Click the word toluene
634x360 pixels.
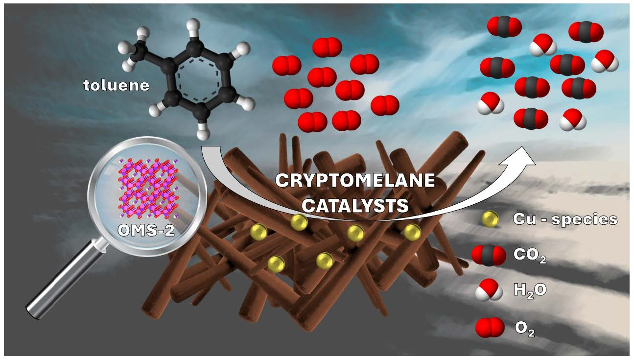[116, 86]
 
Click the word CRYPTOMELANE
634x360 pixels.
[354, 180]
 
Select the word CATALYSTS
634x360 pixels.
[354, 205]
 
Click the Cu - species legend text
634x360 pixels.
[564, 219]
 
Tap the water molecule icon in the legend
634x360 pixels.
[489, 289]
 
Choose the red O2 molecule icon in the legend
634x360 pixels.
[489, 327]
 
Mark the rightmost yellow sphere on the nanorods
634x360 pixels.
[412, 232]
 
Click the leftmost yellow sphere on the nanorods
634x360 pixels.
[258, 231]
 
